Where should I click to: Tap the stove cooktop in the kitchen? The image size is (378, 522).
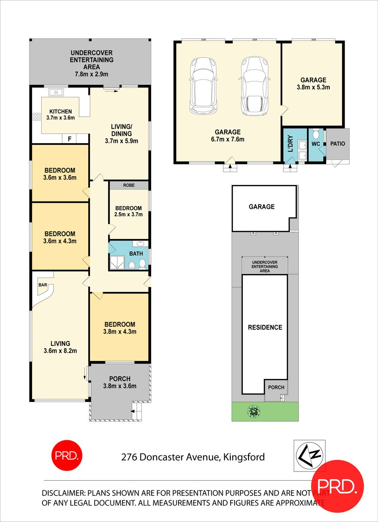coord(36,117)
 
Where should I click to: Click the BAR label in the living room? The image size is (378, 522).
coord(43,285)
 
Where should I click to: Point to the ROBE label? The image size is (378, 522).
coord(129,185)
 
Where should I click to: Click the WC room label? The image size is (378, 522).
coord(316,143)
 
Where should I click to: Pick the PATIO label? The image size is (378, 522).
coord(338,143)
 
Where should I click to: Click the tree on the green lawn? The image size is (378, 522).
coord(253,411)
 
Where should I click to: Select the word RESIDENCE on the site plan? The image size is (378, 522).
coord(265,328)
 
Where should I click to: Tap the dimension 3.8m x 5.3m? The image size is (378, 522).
coord(313,87)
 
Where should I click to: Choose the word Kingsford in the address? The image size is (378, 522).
coord(244,457)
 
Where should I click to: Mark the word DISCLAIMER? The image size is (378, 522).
coord(63,493)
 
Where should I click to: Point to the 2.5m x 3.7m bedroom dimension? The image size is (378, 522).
coord(129,214)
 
